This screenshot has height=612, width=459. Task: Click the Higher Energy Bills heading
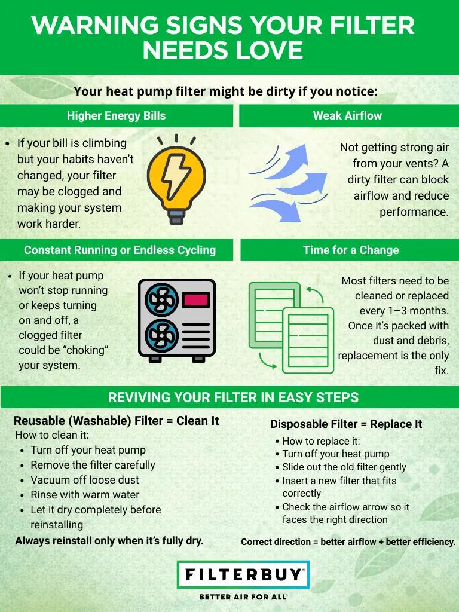116,116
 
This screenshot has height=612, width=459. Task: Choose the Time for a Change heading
350,250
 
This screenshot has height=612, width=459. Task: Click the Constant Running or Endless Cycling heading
120,250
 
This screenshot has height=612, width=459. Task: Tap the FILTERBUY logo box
243,575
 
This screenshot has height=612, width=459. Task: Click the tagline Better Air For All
243,596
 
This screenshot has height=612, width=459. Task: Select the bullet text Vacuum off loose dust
85,479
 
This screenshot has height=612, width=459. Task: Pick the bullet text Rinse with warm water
85,495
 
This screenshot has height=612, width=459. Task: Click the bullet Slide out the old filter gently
344,467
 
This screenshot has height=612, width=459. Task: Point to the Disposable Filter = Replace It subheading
346,424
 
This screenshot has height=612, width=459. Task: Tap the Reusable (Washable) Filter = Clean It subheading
116,421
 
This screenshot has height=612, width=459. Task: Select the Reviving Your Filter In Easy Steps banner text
233,397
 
